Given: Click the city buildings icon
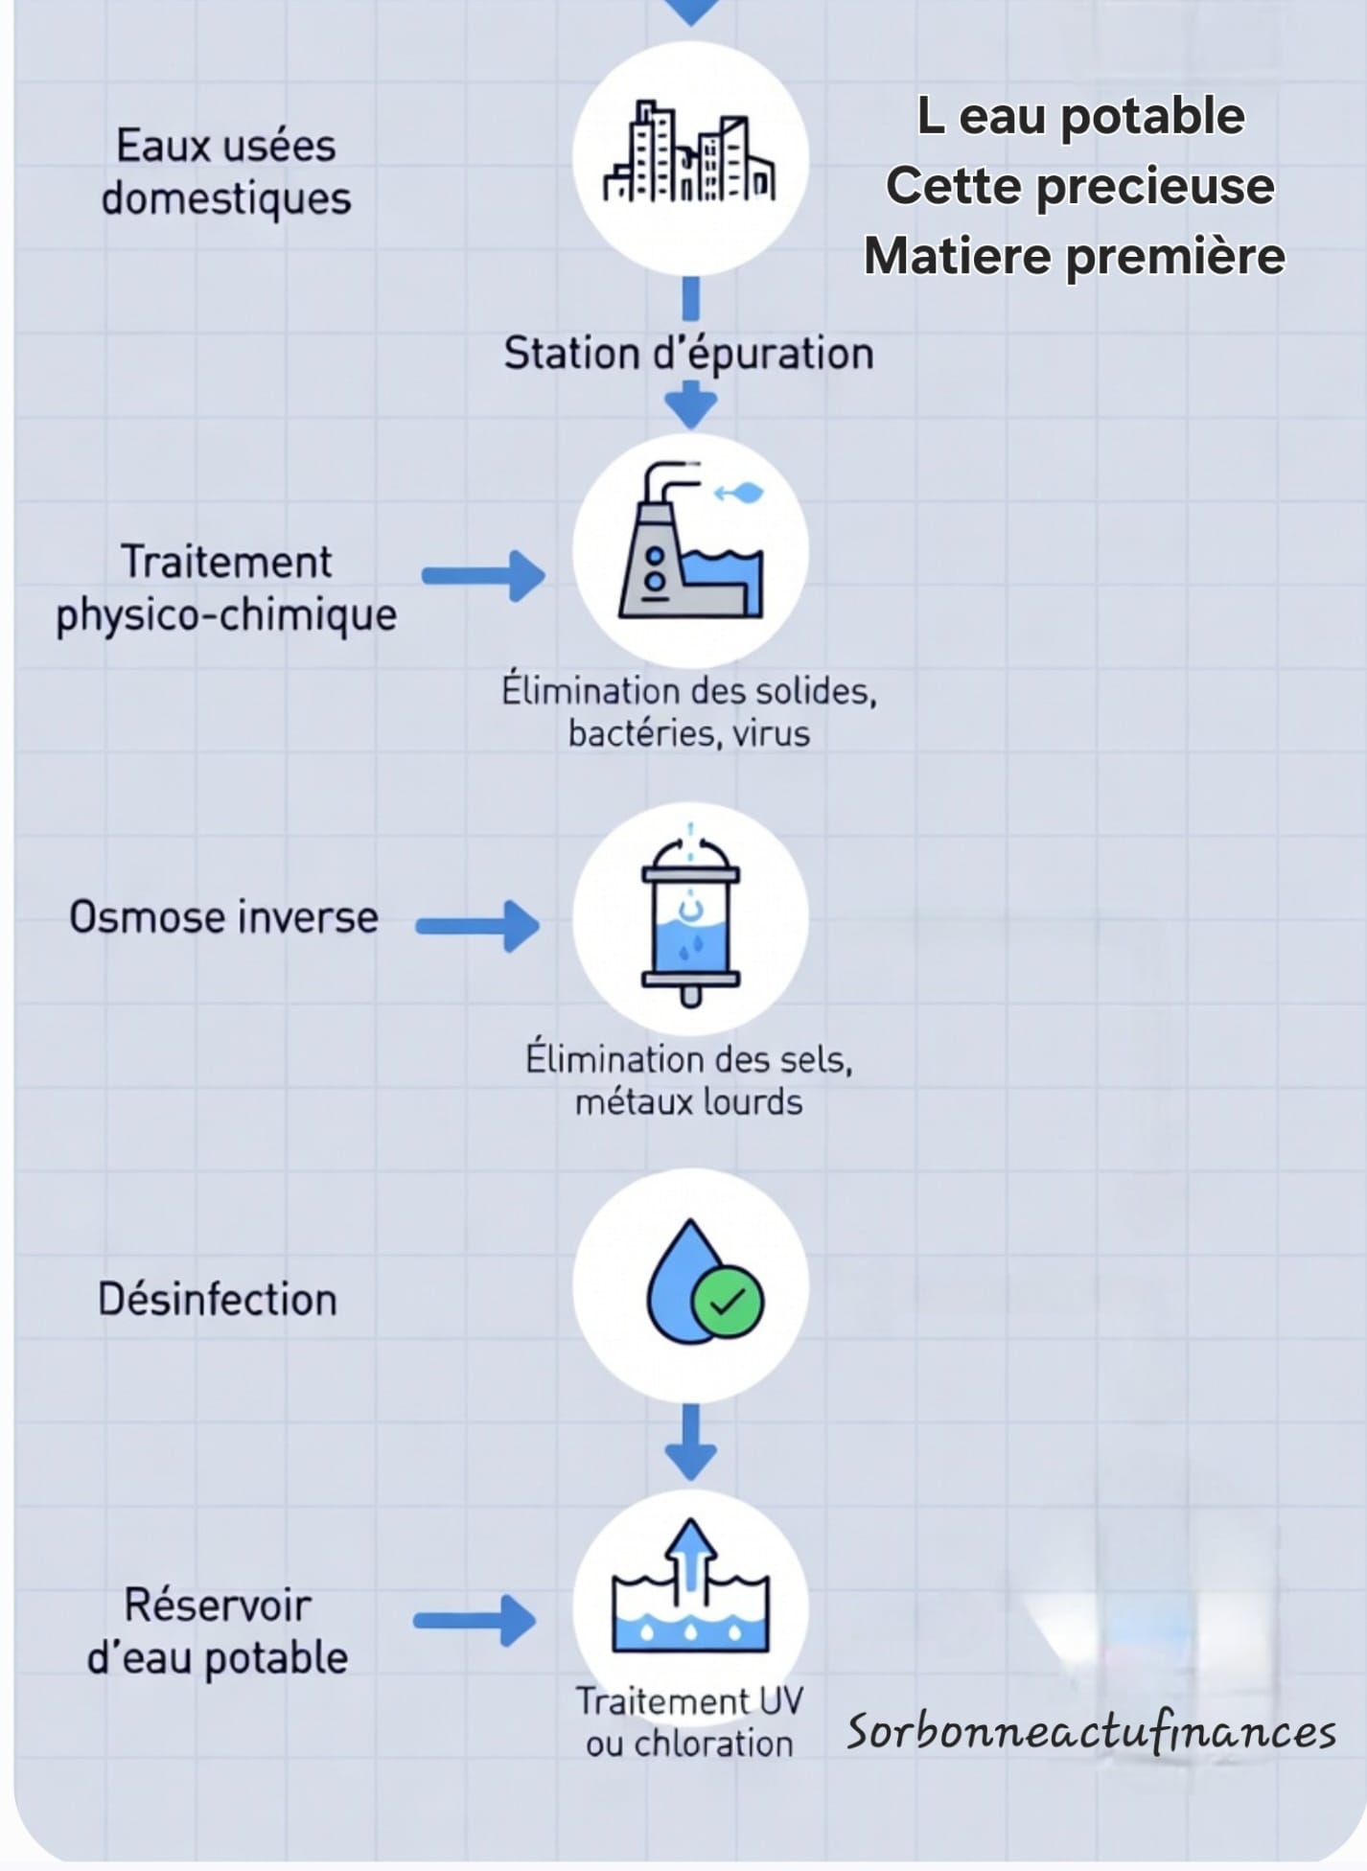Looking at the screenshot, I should pos(689,153).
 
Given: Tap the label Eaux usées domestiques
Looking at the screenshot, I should pos(226,173).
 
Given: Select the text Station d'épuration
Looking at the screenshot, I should pos(688,354).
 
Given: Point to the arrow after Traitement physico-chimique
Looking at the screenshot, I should pos(484,575).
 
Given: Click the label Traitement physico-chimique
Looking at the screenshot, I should pos(226,588).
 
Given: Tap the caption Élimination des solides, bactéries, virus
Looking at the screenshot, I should pos(688,712).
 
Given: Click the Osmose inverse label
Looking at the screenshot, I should pos(223,917).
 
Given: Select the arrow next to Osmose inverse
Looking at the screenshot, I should pos(478,925).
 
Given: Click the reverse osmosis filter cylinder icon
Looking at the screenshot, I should pos(690,920).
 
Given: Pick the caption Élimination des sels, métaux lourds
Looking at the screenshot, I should pos(688,1080).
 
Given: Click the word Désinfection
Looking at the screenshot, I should pos(218,1300).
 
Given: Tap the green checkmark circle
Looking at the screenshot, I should pos(728,1303).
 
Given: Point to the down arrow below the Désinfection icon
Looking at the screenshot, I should pos(690,1442).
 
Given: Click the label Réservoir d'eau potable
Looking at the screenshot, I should pos(218,1631).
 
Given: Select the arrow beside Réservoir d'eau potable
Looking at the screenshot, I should pos(475,1621).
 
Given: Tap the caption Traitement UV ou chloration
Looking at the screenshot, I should pos(688,1722).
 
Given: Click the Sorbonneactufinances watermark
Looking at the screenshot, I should pos(1091,1733).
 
